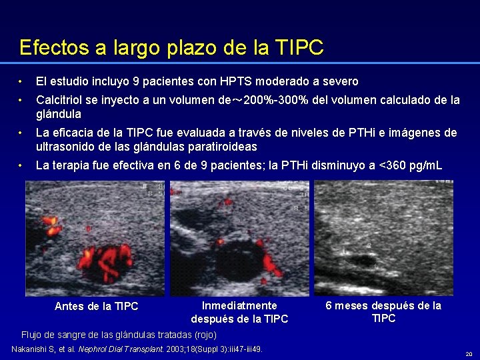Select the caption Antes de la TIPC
click(96, 306)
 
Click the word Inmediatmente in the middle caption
click(239, 305)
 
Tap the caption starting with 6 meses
click(383, 311)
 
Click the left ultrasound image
click(95, 239)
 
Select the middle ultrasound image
click(239, 239)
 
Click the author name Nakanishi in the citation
click(34, 349)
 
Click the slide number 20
click(469, 354)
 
